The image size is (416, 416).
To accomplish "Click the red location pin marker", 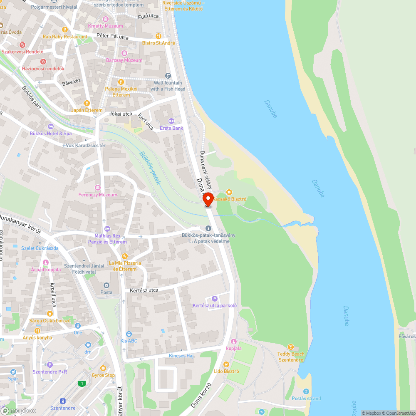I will (208, 198).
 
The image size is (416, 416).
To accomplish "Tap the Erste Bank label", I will (171, 128).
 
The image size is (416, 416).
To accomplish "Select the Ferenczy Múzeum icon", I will (98, 188).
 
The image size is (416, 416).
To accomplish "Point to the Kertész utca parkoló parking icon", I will (215, 298).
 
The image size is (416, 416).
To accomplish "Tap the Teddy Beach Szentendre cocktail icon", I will (291, 347).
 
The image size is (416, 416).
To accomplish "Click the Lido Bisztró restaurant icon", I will (226, 364).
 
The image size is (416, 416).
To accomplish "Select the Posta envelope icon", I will (106, 285).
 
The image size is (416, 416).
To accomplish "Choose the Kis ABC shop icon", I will (129, 334).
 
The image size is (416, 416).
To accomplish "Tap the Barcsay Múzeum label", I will (124, 60).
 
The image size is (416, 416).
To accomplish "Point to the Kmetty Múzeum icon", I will (106, 19).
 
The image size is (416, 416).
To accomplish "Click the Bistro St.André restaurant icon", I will (158, 36).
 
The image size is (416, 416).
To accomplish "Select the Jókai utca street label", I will (120, 114).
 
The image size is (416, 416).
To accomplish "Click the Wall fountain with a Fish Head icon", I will (168, 76).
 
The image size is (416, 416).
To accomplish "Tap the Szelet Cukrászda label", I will (40, 248).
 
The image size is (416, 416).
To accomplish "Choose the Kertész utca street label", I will (144, 290).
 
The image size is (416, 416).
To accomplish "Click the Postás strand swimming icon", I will (306, 391).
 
